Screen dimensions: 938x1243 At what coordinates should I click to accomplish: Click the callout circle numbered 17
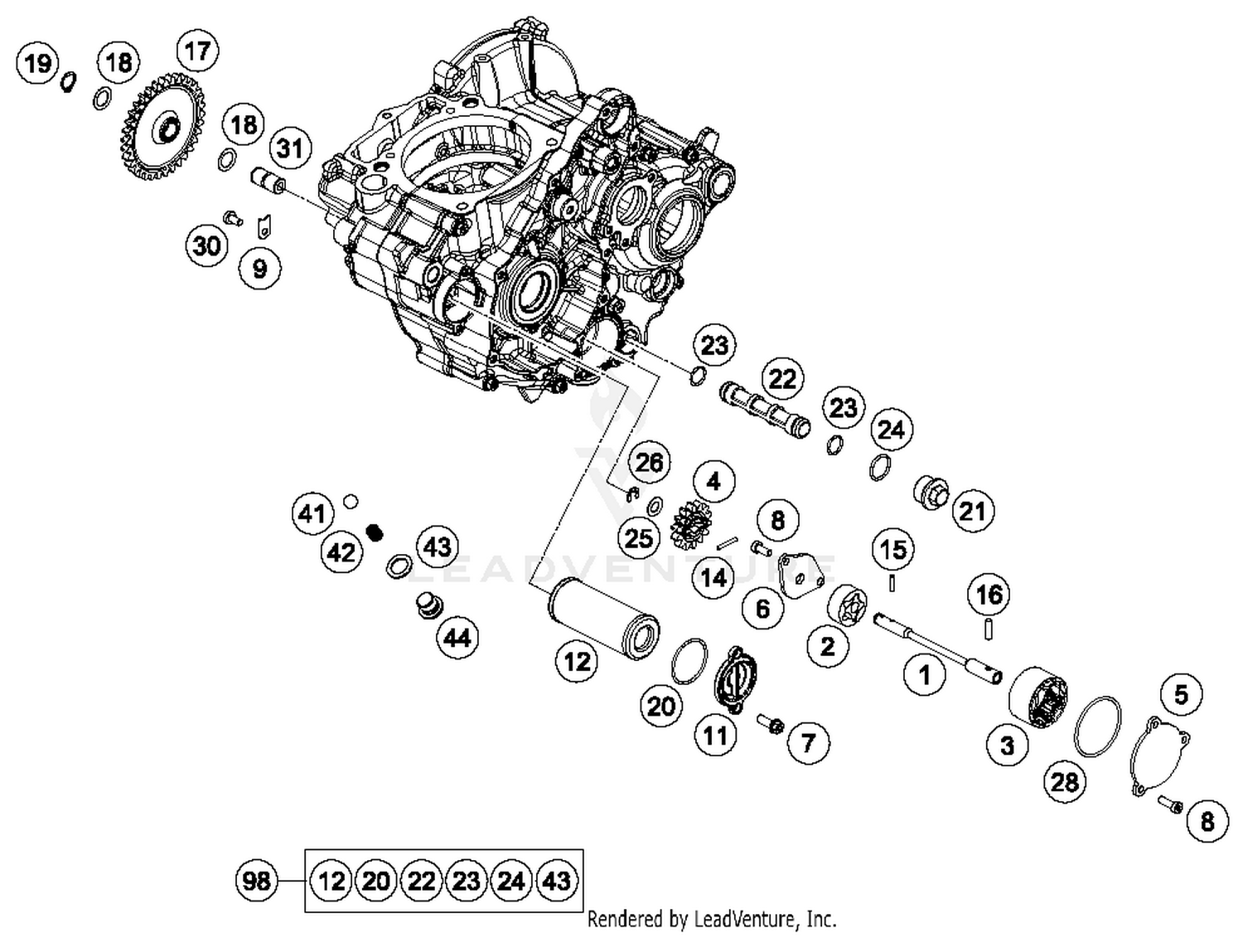pyautogui.click(x=197, y=51)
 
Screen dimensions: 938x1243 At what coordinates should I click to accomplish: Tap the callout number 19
pyautogui.click(x=38, y=63)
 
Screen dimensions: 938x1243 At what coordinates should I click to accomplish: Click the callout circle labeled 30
pyautogui.click(x=206, y=245)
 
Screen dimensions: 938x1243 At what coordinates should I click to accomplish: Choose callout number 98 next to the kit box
pyautogui.click(x=256, y=880)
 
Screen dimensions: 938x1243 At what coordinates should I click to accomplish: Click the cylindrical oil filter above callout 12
pyautogui.click(x=603, y=618)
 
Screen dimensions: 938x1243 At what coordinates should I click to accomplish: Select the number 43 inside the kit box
pyautogui.click(x=557, y=880)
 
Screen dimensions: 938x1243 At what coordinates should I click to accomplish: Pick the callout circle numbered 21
pyautogui.click(x=972, y=512)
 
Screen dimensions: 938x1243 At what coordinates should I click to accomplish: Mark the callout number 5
pyautogui.click(x=1181, y=694)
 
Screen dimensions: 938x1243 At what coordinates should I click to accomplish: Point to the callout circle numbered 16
pyautogui.click(x=989, y=595)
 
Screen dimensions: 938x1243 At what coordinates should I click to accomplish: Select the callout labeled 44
pyautogui.click(x=457, y=638)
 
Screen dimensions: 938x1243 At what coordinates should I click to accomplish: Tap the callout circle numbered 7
pyautogui.click(x=808, y=742)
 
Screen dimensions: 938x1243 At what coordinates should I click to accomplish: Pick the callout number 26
pyautogui.click(x=649, y=462)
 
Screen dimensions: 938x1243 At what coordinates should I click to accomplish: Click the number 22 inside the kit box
pyautogui.click(x=422, y=880)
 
